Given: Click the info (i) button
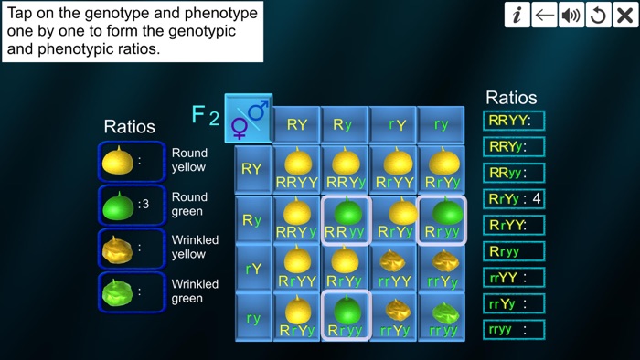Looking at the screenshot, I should (517, 15).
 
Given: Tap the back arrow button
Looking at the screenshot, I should (545, 15).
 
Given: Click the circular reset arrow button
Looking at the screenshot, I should (599, 15).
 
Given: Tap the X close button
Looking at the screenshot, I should (625, 15).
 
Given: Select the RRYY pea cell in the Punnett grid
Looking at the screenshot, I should (297, 169).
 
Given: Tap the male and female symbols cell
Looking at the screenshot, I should (248, 119).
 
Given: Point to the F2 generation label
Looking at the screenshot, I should (205, 116).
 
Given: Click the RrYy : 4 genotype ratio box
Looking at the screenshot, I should (514, 198).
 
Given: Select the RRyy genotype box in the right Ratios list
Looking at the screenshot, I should (514, 172).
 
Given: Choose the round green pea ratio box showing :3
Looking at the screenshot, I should (132, 205).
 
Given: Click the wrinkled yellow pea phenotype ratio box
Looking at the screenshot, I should (132, 249).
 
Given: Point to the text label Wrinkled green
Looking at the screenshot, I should (195, 291).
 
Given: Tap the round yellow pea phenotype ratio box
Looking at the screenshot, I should (132, 162).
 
